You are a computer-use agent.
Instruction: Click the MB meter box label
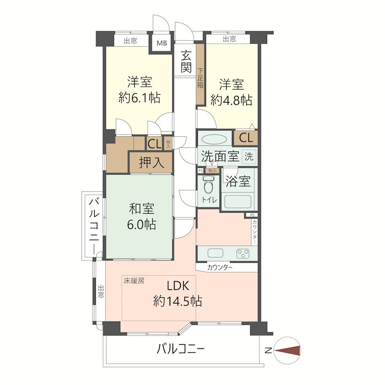coord(161,43)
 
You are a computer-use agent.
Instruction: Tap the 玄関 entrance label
coord(186,62)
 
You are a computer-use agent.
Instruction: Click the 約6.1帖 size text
coord(140,98)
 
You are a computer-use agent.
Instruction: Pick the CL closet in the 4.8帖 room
coord(245,138)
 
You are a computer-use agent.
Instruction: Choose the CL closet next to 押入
coord(154,143)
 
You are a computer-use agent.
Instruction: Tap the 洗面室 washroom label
coord(220,156)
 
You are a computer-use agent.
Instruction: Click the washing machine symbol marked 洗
coord(249,156)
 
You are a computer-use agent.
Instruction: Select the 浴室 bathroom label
coord(238,181)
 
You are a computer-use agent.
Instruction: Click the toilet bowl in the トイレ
coord(208,185)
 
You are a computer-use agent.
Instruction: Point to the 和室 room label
coord(141,209)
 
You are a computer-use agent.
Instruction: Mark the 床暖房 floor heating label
coord(134,280)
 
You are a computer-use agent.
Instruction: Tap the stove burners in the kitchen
coord(242,253)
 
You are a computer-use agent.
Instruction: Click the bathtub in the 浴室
coord(238,201)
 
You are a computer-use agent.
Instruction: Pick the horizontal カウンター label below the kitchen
coord(220,267)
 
